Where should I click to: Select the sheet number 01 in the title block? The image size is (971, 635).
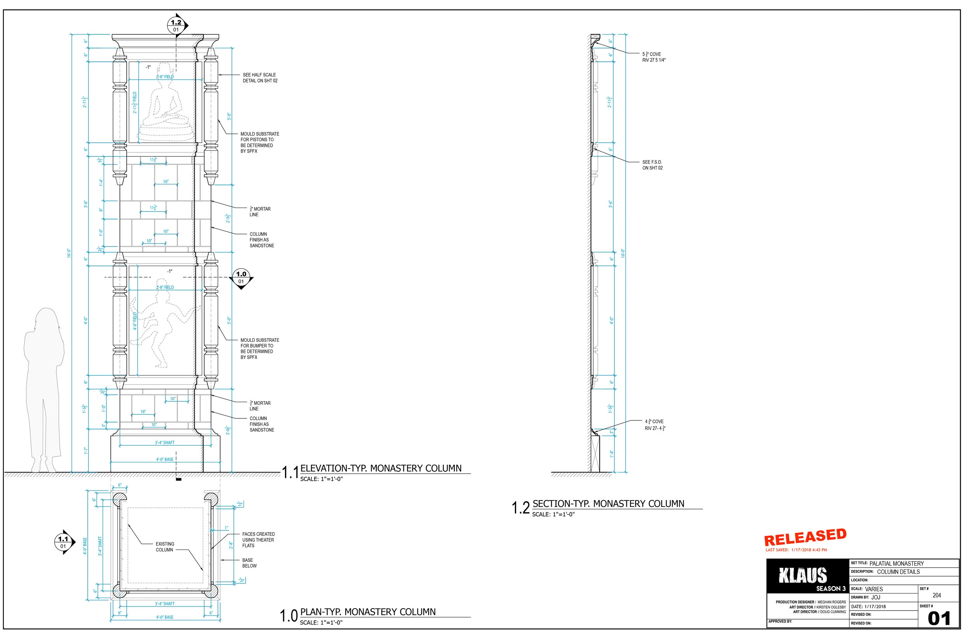(x=938, y=619)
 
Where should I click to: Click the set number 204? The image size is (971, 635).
(x=937, y=595)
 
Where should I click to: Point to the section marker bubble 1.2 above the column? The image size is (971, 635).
(x=176, y=25)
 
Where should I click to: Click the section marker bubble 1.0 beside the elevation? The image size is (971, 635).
(x=241, y=277)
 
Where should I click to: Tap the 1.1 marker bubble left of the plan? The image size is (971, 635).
(x=63, y=542)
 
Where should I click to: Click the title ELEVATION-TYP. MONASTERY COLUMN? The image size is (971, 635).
(x=381, y=469)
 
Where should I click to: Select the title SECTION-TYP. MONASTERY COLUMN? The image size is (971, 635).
(x=608, y=504)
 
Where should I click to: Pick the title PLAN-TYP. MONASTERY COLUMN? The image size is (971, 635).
(x=367, y=612)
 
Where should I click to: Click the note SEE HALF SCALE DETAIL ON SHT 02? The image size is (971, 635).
(x=260, y=78)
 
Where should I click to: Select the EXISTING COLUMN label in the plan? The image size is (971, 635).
(x=164, y=547)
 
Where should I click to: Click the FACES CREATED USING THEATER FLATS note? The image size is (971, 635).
(x=258, y=540)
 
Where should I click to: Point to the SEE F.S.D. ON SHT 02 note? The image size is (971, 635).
(x=653, y=165)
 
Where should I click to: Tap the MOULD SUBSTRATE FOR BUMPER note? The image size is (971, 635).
(x=259, y=348)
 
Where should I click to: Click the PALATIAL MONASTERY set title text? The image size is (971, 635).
(x=896, y=563)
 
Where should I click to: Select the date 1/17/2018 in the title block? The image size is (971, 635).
(x=875, y=606)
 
